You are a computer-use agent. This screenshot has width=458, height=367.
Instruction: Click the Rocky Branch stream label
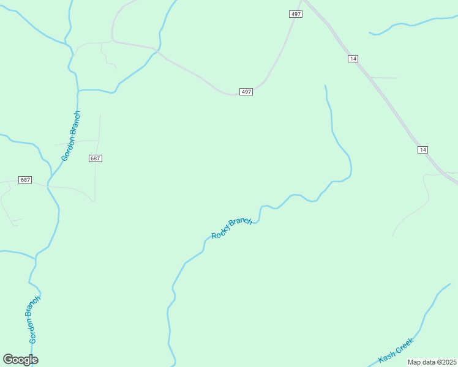click(x=231, y=228)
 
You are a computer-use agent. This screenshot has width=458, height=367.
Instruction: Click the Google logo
click(x=20, y=360)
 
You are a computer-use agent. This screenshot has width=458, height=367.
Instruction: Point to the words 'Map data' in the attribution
click(x=420, y=362)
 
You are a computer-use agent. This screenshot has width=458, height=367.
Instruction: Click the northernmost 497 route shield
click(x=296, y=14)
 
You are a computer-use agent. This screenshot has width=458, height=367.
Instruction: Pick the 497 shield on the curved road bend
click(x=246, y=92)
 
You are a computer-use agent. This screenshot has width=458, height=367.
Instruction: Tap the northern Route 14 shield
click(x=352, y=58)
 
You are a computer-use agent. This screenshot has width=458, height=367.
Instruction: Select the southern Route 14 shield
click(x=422, y=150)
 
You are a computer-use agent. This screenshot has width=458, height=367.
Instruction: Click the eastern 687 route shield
click(x=95, y=158)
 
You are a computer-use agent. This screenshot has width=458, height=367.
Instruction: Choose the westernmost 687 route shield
click(x=25, y=180)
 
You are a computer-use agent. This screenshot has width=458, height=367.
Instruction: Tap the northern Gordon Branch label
click(x=71, y=136)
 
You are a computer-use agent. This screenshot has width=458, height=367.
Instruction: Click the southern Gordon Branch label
click(x=33, y=319)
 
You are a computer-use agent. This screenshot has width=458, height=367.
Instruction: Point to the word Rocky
click(x=221, y=232)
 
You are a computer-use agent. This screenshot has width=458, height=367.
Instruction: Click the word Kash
click(x=388, y=355)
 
